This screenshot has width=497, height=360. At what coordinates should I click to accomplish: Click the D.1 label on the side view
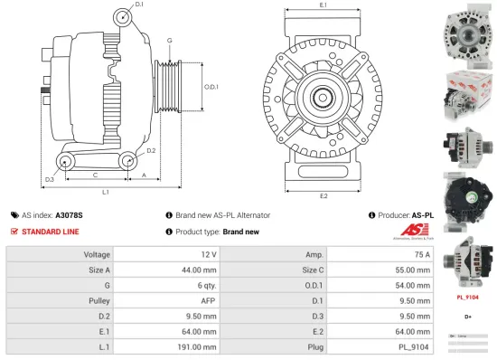pyautogui.click(x=138, y=5)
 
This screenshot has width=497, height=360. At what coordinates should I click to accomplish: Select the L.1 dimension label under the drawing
pyautogui.click(x=105, y=192)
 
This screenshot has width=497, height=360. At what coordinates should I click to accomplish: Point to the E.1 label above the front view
pyautogui.click(x=323, y=6)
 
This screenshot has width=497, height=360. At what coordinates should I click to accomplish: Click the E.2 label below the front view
pyautogui.click(x=323, y=195)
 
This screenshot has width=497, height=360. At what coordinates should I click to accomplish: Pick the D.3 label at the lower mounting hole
pyautogui.click(x=50, y=179)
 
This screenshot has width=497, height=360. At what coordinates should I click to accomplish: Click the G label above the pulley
pyautogui.click(x=169, y=41)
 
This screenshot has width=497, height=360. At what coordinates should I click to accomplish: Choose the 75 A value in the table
pyautogui.click(x=421, y=254)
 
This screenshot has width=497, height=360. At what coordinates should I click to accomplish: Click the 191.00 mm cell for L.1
pyautogui.click(x=192, y=346)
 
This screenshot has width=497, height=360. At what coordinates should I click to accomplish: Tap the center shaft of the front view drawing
pyautogui.click(x=323, y=98)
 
